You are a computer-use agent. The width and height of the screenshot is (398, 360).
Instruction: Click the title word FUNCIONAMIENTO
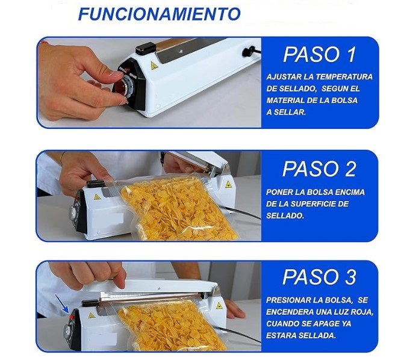pyautogui.click(x=159, y=14)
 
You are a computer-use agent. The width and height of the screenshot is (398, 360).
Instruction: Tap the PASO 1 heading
pyautogui.click(x=320, y=54)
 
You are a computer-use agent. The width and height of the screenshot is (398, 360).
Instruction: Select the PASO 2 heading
pyautogui.click(x=319, y=169)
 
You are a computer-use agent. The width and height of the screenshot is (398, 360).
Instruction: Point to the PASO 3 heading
pyautogui.click(x=319, y=277)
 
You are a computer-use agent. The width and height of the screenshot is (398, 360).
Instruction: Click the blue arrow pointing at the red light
pyautogui.click(x=62, y=304)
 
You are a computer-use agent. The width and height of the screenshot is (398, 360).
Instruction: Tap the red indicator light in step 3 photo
pyautogui.click(x=72, y=317)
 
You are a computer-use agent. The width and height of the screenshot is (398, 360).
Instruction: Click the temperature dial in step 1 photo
pyautogui.click(x=125, y=87)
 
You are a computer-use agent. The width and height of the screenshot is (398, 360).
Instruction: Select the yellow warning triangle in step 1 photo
pyautogui.click(x=154, y=66)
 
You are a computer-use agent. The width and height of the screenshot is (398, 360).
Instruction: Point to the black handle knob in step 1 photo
pyautogui.click(x=146, y=48)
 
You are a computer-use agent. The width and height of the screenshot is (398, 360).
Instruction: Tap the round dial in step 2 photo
pyautogui.click(x=74, y=212)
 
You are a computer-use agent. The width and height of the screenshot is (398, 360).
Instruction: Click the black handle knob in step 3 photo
pyautogui.click(x=90, y=303)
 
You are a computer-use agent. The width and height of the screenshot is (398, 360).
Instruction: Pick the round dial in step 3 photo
pyautogui.click(x=67, y=332)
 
